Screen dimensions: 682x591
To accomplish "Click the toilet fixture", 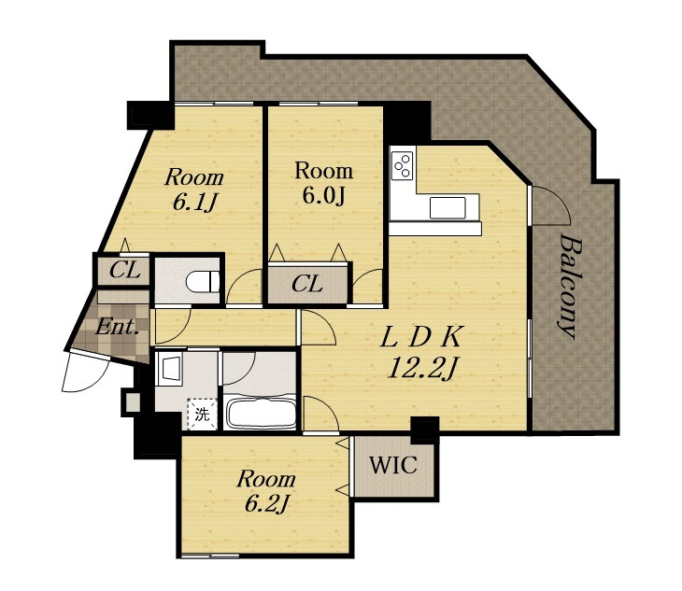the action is [x=203, y=281].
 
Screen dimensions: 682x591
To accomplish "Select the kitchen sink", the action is [x=448, y=207].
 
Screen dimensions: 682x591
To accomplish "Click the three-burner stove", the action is [x=403, y=164].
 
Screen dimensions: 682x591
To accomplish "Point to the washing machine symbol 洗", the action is [x=202, y=414].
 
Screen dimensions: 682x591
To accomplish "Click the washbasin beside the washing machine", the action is [x=170, y=369].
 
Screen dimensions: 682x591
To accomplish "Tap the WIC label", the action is [x=393, y=465].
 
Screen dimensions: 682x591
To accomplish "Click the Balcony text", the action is [x=571, y=287].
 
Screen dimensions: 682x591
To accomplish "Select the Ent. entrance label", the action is [x=117, y=327].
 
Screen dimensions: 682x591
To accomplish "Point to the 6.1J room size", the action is [x=195, y=202].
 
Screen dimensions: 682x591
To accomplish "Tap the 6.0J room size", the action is [x=323, y=195].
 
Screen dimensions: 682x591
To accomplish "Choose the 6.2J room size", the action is [x=267, y=503].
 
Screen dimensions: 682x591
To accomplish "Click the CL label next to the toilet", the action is [x=125, y=271].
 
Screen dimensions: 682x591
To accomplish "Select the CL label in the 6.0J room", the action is [x=307, y=285].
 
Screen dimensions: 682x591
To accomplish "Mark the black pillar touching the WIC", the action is [x=424, y=430].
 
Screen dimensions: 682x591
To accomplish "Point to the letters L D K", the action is [x=420, y=337].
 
